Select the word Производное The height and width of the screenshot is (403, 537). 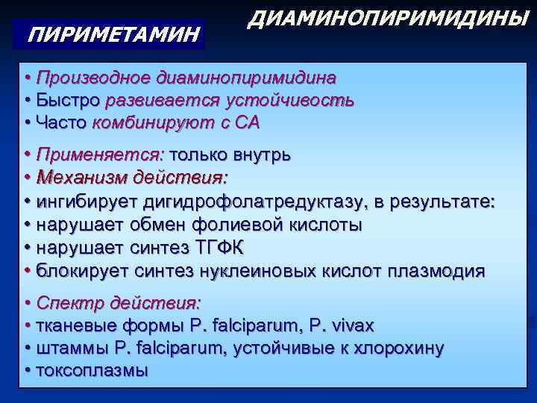[94, 78]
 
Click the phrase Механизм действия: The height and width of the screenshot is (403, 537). [133, 178]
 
